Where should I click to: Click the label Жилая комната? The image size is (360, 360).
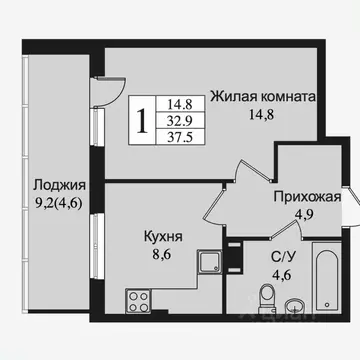(263, 98)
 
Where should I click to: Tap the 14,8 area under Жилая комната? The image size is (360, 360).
(263, 116)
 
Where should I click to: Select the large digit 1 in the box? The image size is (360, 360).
(145, 121)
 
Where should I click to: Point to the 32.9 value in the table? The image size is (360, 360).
(181, 121)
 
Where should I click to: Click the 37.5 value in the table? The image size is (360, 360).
(181, 139)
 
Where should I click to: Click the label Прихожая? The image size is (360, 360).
(307, 196)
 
